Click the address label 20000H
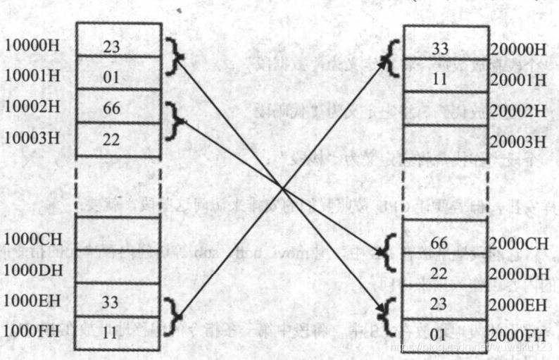[519, 50]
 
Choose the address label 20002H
[519, 111]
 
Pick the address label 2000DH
[519, 273]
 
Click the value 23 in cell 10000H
[112, 46]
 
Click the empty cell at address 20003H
[446, 141]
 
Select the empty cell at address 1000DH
[118, 266]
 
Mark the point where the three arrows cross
[282, 188]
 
